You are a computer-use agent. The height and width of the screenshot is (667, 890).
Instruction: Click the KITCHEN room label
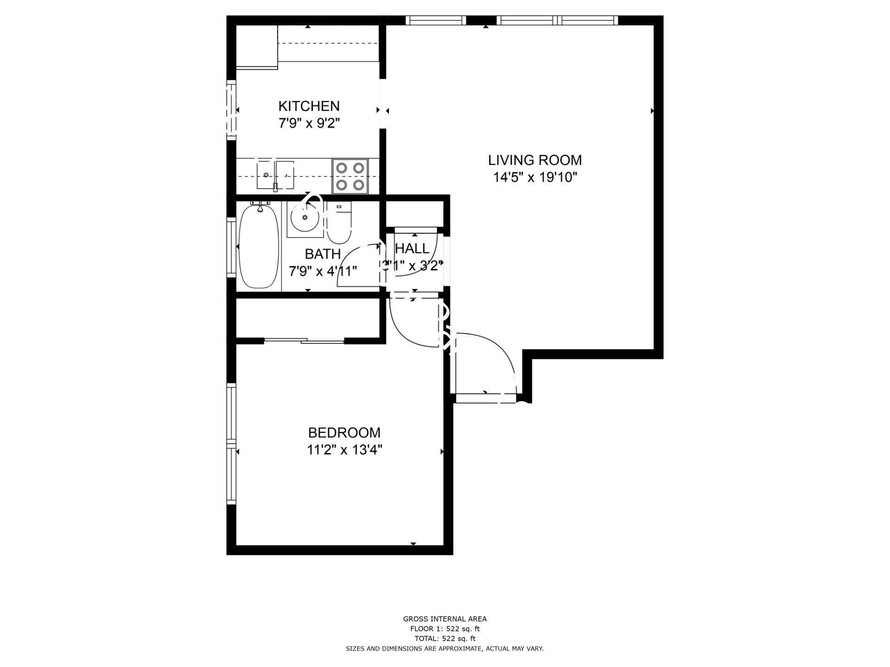click(309, 106)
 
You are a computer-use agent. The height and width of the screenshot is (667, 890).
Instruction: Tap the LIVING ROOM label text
click(534, 160)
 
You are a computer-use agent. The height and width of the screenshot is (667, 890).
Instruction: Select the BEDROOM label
click(344, 433)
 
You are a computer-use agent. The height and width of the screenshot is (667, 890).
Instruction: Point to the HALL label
click(412, 249)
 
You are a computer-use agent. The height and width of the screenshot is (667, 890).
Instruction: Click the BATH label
click(323, 254)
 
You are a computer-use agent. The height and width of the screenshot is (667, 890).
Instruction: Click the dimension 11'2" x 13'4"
click(344, 450)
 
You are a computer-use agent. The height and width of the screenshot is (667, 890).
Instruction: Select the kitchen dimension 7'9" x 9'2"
click(309, 124)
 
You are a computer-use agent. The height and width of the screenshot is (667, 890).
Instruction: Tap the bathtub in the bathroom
click(259, 248)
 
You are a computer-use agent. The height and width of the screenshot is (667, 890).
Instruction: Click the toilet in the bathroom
click(339, 223)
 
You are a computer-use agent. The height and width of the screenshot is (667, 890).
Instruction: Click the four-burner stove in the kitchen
click(350, 176)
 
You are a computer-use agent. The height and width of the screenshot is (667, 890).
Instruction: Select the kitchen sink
click(275, 175)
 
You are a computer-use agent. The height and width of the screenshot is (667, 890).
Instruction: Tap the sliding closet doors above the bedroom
click(304, 341)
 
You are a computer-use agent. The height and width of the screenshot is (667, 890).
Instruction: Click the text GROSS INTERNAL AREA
click(445, 619)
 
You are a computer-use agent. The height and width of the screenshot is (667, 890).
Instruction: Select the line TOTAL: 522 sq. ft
click(445, 639)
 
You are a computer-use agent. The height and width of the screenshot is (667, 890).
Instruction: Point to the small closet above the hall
click(415, 213)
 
